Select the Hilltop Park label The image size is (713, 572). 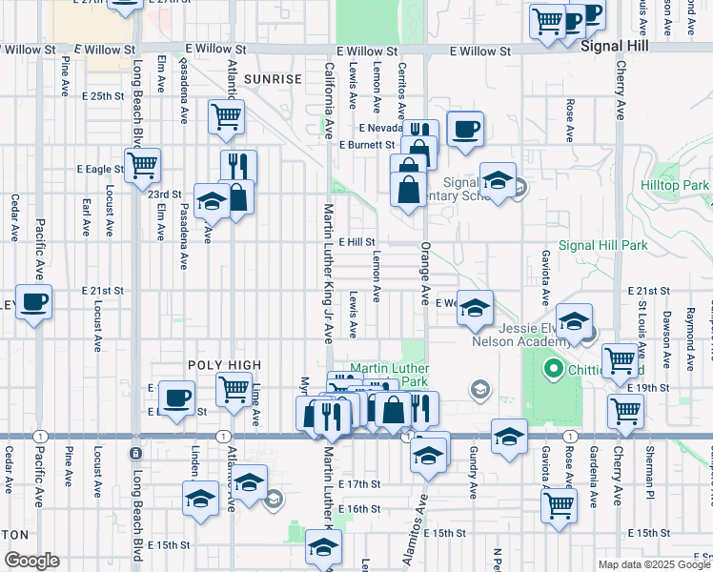(675, 185)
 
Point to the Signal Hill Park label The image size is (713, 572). (602, 245)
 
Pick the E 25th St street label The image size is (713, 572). (103, 96)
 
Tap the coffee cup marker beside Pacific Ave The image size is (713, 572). (34, 302)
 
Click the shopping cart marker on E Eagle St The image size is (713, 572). (142, 164)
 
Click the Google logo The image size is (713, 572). (31, 561)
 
